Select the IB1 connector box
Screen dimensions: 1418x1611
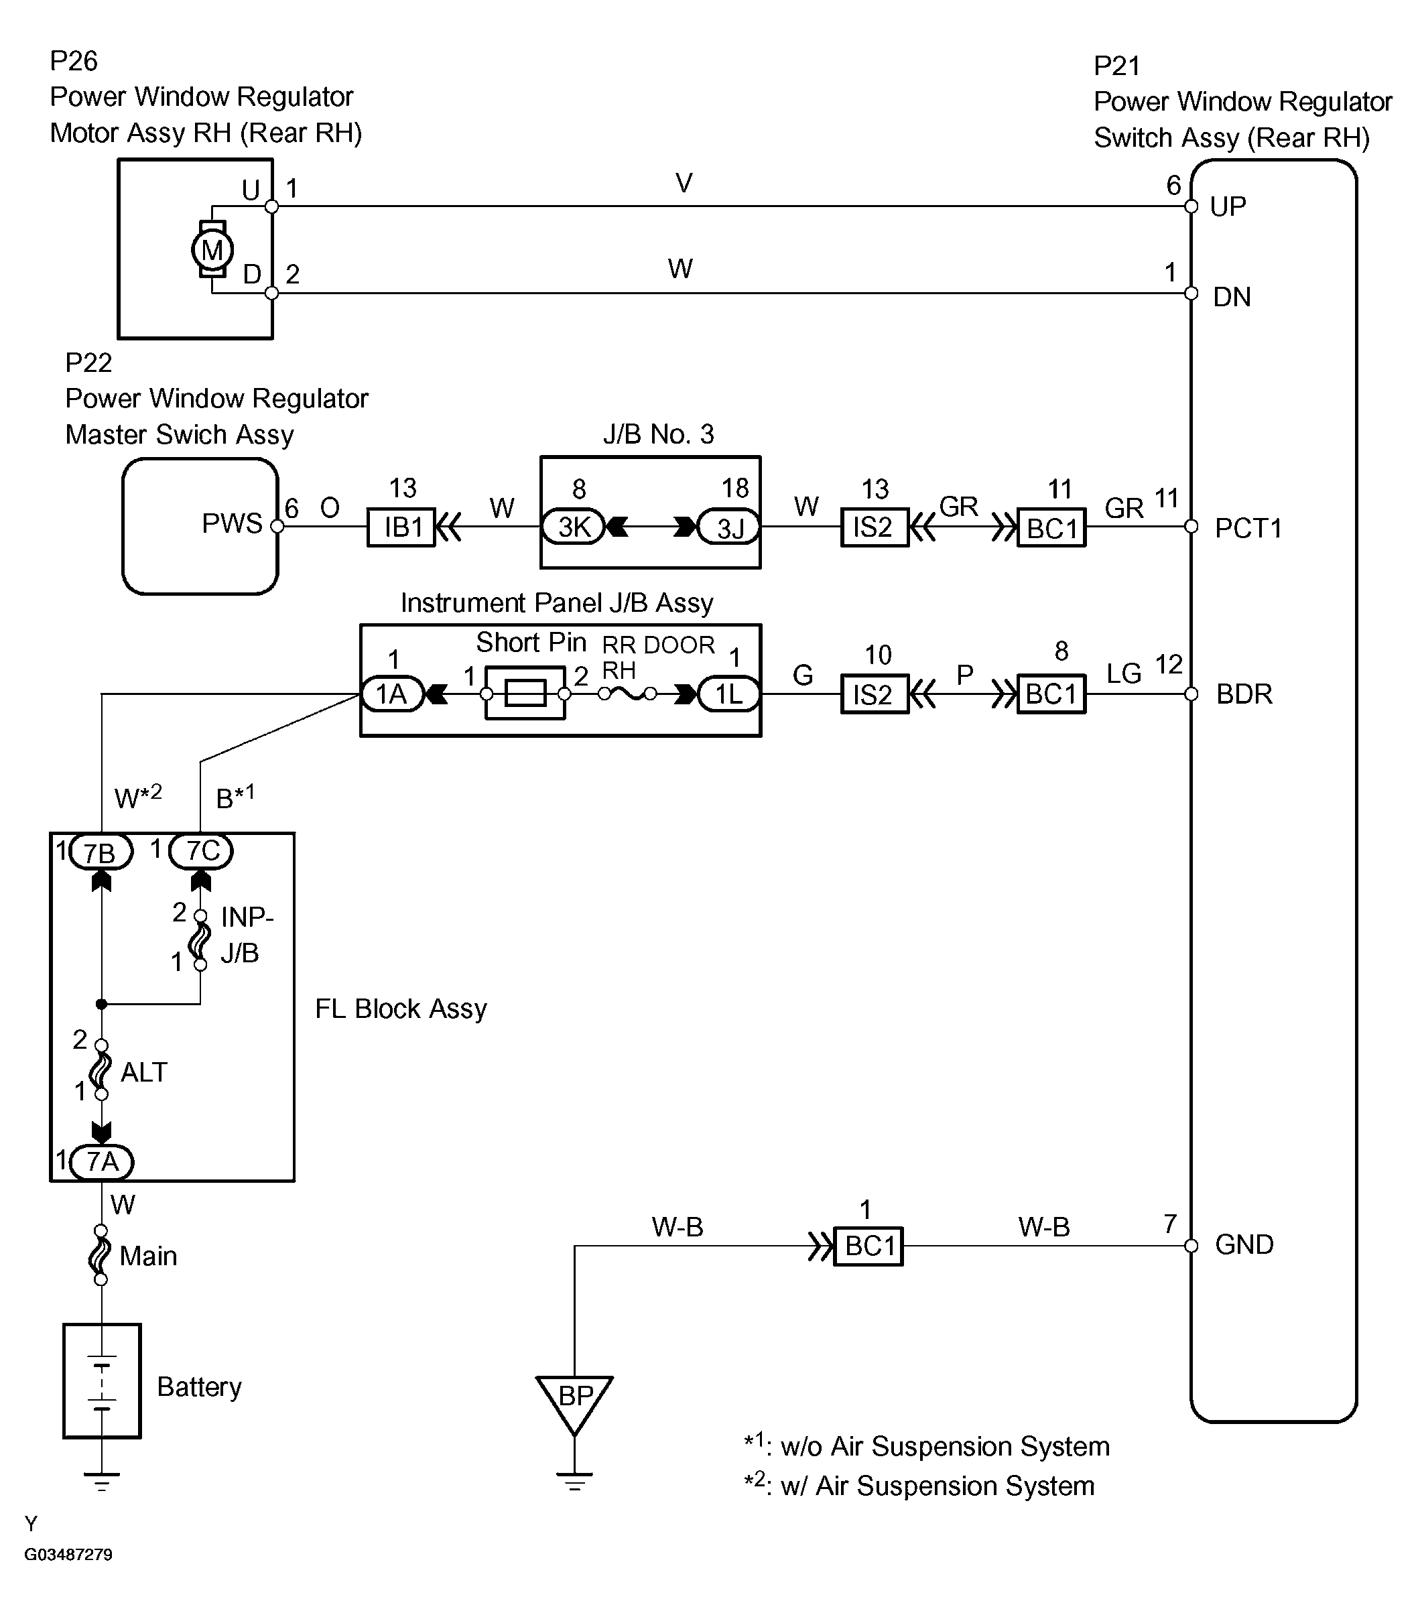click(401, 527)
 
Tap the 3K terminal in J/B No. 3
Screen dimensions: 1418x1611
click(573, 527)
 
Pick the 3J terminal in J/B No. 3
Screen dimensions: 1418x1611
click(729, 527)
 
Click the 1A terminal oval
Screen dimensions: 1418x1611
click(392, 694)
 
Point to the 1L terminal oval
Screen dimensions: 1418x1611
click(729, 694)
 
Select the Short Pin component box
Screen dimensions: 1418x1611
click(525, 693)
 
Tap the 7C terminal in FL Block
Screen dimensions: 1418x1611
click(201, 851)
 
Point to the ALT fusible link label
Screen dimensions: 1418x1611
click(144, 1072)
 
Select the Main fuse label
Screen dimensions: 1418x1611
click(148, 1256)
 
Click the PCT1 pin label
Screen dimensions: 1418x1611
click(1248, 528)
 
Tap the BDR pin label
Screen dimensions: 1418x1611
click(1244, 694)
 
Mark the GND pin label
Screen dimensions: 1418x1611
click(1244, 1244)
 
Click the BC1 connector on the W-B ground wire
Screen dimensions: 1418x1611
click(868, 1246)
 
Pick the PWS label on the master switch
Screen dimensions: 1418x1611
click(232, 523)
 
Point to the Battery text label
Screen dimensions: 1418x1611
click(200, 1387)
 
